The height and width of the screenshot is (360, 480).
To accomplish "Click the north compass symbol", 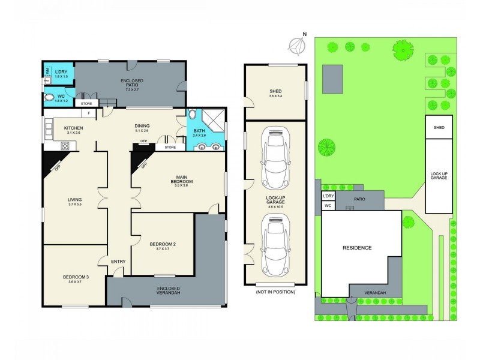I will tap(295, 44).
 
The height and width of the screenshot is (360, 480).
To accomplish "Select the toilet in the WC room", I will tap(49, 97).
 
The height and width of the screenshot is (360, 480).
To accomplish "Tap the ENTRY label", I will tap(118, 260).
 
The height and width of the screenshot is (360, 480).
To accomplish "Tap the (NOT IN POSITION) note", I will tap(275, 292).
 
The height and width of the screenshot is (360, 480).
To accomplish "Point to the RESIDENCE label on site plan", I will tap(357, 248).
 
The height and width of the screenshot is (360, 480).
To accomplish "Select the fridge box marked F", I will tap(89, 113).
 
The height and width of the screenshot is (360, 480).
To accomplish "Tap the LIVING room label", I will tap(74, 202).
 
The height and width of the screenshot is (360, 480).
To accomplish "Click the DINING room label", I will tap(142, 128).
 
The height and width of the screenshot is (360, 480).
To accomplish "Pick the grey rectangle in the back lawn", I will tap(332, 77).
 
